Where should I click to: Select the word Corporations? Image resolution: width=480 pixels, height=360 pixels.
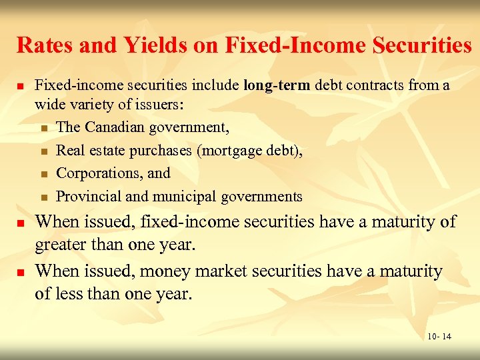pos(97,173)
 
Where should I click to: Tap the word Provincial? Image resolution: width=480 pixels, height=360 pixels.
pos(89,197)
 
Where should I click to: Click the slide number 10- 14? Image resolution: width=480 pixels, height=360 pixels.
pos(439,336)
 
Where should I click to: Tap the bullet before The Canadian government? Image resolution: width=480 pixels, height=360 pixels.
pos(44,128)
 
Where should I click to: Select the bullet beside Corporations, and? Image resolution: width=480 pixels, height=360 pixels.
pos(44,175)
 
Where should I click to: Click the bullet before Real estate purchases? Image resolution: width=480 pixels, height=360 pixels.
pos(44,151)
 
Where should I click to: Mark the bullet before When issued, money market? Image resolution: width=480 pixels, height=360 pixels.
pos(21,273)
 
